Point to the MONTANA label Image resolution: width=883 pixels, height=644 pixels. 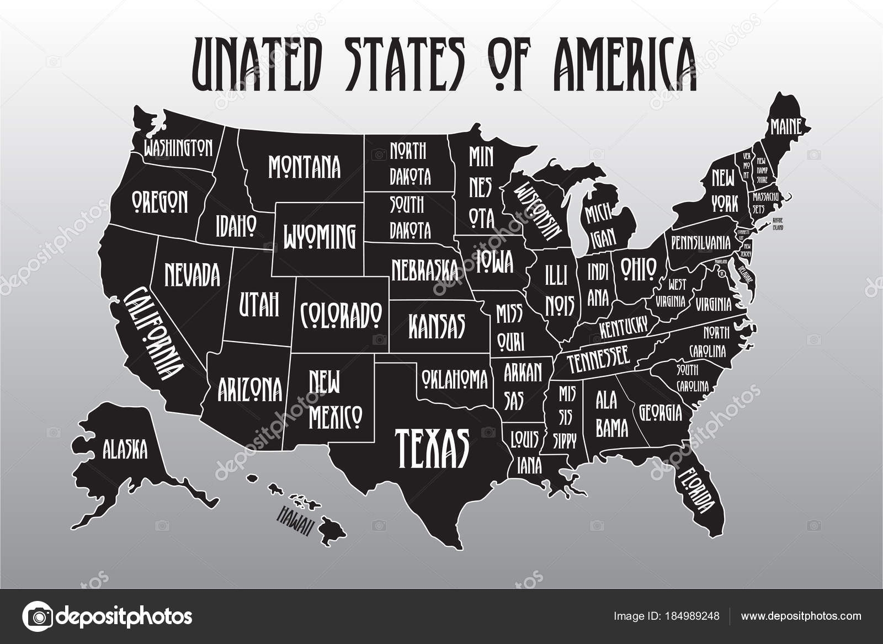point(304,167)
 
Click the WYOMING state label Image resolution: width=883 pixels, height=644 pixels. point(319,236)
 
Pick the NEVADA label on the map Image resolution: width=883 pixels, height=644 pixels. point(192,274)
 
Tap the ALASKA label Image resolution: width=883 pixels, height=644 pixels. point(125,449)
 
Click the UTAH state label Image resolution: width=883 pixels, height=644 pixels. point(259,305)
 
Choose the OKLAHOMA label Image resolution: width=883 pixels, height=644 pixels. point(455,379)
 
